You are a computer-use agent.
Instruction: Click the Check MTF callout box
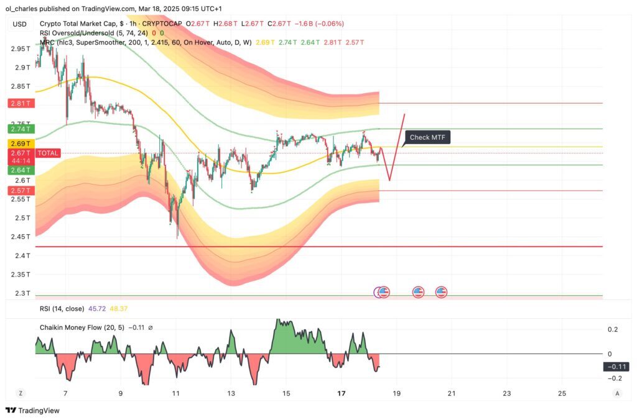pyautogui.click(x=427, y=137)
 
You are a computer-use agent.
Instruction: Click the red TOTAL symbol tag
pyautogui.click(x=48, y=153)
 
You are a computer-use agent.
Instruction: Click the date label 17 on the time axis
pyautogui.click(x=341, y=393)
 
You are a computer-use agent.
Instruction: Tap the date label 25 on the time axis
pyautogui.click(x=562, y=393)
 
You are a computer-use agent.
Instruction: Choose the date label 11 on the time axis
pyautogui.click(x=176, y=393)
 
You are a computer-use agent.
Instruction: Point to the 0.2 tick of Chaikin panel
pyautogui.click(x=613, y=329)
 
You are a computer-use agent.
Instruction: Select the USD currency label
pyautogui.click(x=20, y=24)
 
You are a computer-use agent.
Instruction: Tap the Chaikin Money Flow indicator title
pyautogui.click(x=81, y=327)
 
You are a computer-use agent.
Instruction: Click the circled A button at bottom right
pyautogui.click(x=617, y=393)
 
